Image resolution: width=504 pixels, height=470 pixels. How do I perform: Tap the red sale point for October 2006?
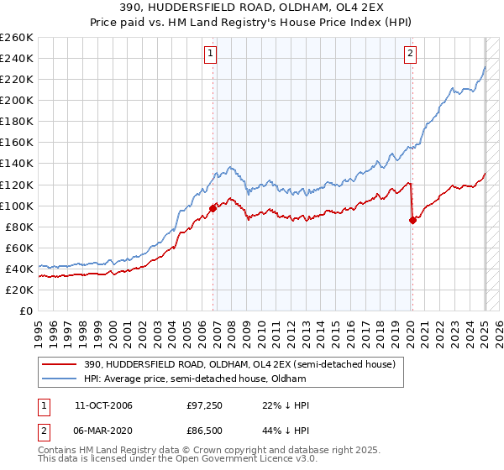pos(213,208)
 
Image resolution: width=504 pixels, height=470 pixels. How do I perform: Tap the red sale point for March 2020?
pos(412,220)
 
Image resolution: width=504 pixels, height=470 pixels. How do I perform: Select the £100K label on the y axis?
pos(17,206)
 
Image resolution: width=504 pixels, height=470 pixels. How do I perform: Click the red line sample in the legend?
pos(60,363)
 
